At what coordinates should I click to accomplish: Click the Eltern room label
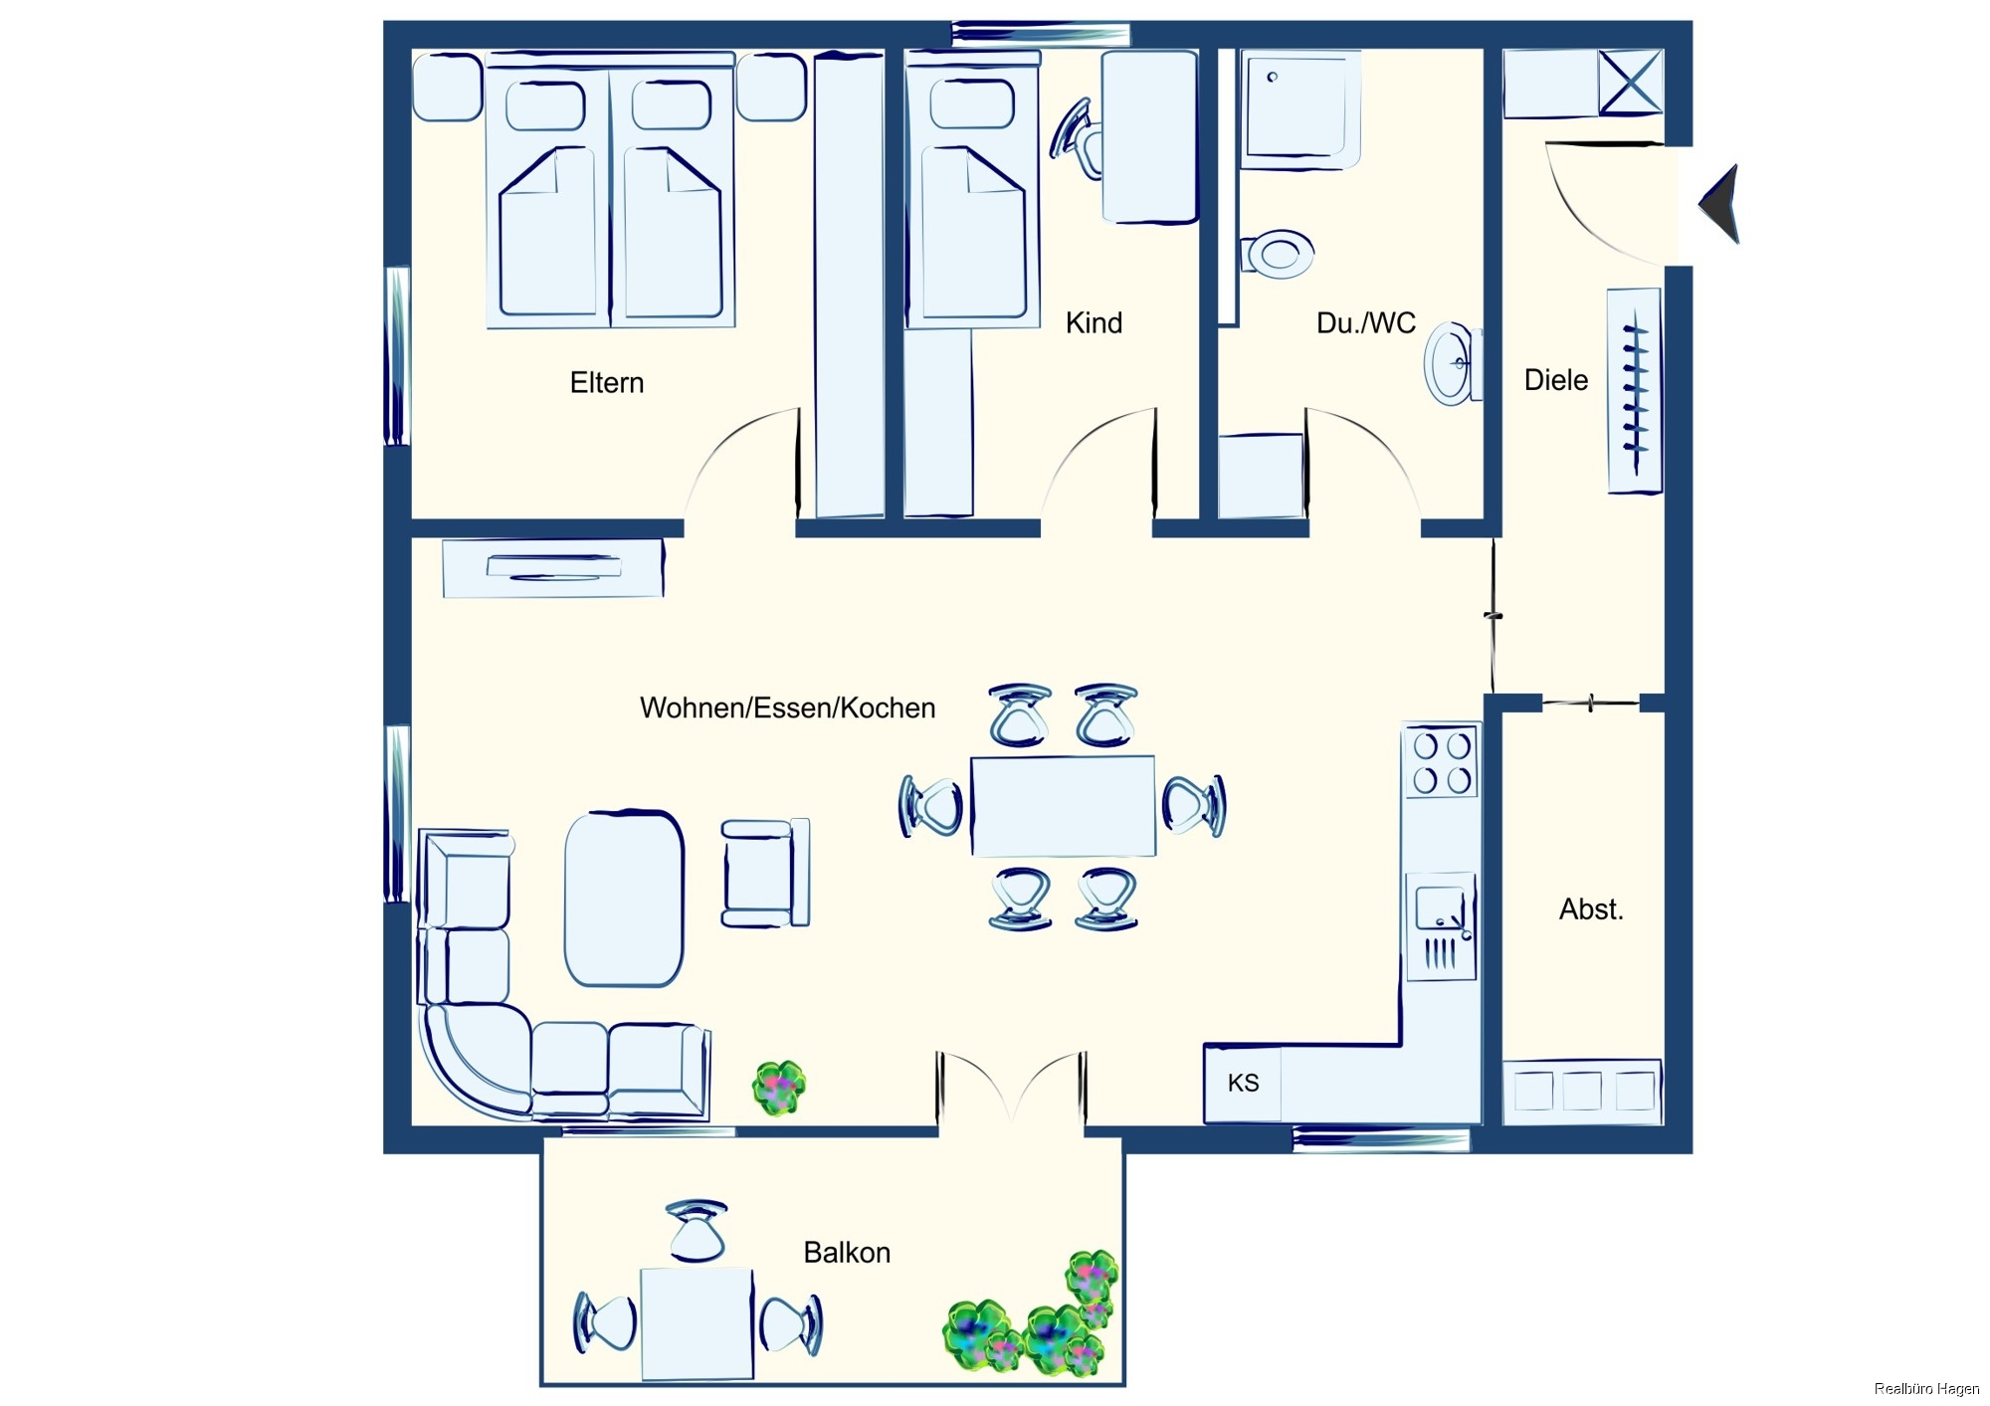click(607, 383)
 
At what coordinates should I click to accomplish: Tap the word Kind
click(1094, 323)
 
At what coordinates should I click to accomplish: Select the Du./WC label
click(1365, 323)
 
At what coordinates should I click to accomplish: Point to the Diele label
click(1556, 380)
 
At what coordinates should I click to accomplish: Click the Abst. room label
click(1591, 909)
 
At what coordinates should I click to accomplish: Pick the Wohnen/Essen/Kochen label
click(787, 708)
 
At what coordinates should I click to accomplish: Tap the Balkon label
click(847, 1253)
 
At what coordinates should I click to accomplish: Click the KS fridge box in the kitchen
click(1243, 1084)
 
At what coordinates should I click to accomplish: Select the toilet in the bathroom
click(1278, 254)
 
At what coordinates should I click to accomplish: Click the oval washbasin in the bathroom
click(1451, 363)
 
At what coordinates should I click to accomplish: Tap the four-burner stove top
click(1441, 762)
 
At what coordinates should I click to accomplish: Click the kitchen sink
click(1441, 926)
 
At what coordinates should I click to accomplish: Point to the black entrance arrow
click(1719, 204)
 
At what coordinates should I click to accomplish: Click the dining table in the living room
click(1063, 806)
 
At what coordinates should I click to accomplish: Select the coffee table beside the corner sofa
click(624, 899)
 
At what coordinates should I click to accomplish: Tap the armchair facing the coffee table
click(764, 874)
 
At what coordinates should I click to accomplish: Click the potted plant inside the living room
click(779, 1088)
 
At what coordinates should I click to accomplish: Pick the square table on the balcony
click(696, 1323)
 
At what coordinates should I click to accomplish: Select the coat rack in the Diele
click(1635, 391)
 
